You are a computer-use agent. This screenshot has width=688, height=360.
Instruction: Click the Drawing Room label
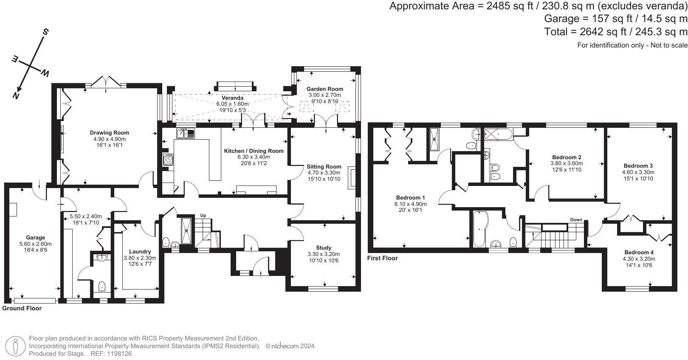(x=109, y=132)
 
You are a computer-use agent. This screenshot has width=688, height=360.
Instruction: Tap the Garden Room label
(x=324, y=89)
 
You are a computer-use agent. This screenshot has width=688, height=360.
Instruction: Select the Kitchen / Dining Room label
(x=254, y=151)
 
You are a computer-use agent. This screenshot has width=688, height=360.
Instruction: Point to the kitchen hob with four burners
(x=168, y=159)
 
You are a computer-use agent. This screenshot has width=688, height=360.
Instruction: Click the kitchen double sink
(x=186, y=133)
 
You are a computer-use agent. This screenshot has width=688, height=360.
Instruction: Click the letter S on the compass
(x=45, y=32)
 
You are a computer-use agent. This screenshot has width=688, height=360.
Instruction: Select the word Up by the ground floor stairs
(x=203, y=215)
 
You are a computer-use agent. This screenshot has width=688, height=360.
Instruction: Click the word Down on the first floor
(x=576, y=219)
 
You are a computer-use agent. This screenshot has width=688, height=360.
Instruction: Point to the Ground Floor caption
(x=22, y=308)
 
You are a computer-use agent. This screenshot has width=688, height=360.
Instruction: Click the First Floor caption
(x=382, y=258)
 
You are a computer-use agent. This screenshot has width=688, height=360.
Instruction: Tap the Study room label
(x=324, y=247)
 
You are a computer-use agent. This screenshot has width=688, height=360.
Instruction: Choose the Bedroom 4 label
(x=639, y=252)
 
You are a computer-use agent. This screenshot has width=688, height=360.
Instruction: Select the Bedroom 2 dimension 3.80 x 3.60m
(x=567, y=163)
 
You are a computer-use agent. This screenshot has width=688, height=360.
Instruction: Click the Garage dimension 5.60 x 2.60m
(x=35, y=244)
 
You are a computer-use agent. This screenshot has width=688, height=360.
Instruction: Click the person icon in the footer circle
(x=15, y=346)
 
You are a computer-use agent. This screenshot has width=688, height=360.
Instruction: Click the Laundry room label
(x=140, y=251)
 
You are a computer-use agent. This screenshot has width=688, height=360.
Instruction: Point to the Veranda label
(x=232, y=98)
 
